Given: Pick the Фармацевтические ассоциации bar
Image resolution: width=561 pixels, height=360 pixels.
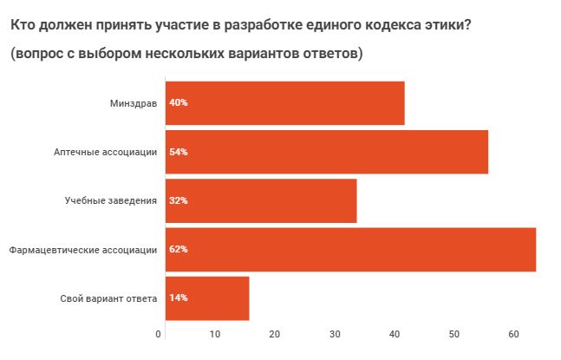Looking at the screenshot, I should click(351, 250).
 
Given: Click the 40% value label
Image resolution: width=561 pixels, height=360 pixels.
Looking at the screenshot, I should click(179, 103).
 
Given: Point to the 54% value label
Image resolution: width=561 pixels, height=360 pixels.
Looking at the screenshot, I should click(179, 152).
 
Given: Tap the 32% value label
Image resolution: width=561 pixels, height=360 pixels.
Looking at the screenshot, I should click(179, 200).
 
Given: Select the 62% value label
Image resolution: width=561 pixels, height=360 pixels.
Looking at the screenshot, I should click(179, 250).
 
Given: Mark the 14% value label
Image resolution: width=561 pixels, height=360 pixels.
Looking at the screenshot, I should click(179, 298).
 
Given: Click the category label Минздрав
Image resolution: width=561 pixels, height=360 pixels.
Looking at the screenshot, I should click(133, 103).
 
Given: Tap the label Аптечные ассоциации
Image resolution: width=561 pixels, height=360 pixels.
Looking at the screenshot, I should click(105, 152).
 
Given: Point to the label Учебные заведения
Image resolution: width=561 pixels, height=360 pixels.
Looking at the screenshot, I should click(111, 200).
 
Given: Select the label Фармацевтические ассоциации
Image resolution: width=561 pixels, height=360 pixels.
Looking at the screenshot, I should click(83, 250).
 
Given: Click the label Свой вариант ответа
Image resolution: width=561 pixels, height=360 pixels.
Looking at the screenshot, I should click(108, 298).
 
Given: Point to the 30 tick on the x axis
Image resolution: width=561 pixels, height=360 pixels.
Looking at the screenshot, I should click(333, 334).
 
